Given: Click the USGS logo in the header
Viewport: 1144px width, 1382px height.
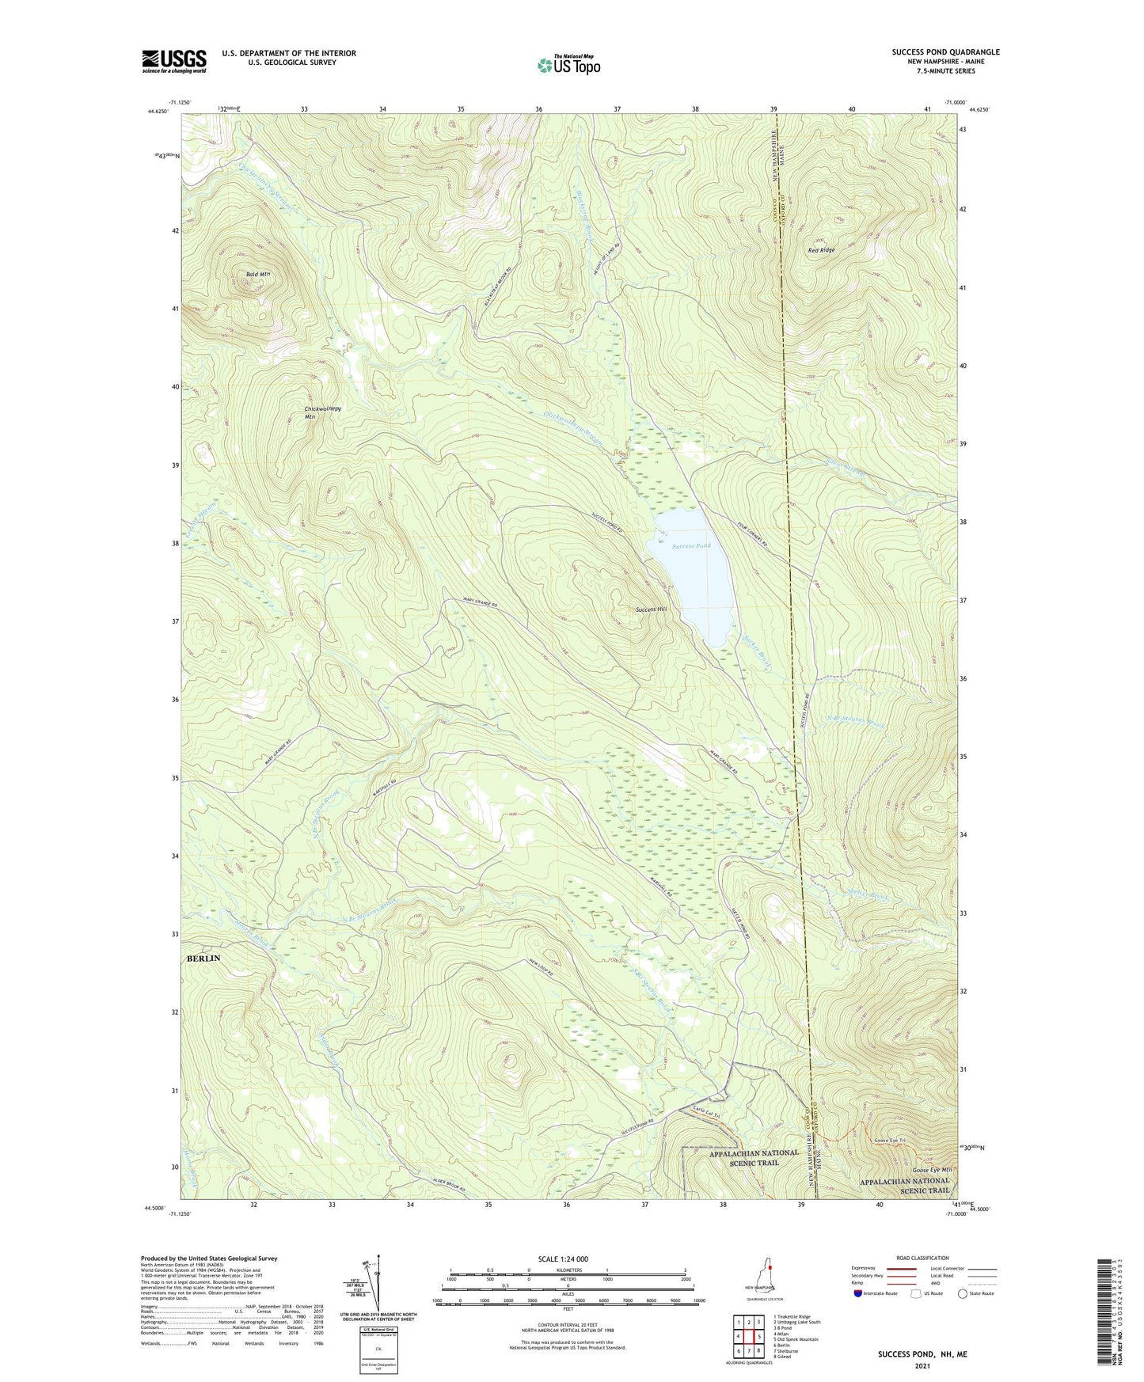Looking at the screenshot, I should (x=174, y=61).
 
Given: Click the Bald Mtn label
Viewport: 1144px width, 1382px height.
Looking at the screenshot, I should (x=258, y=275).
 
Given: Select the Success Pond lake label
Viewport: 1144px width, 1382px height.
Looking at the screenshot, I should (x=691, y=546).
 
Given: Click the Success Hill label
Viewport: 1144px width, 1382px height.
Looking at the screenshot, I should (x=652, y=610).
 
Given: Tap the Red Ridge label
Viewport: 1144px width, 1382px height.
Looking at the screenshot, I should (x=821, y=250).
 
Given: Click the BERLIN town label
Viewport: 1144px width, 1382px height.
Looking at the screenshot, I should (x=203, y=958).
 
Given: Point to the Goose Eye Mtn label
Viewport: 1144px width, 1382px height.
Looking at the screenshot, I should (x=931, y=1170).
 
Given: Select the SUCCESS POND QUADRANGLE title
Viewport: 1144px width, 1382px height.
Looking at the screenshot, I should (x=945, y=52).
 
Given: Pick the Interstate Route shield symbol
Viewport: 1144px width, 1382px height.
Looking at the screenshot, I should (x=859, y=1293).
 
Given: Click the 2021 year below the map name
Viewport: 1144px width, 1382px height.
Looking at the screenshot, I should (x=922, y=1365).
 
